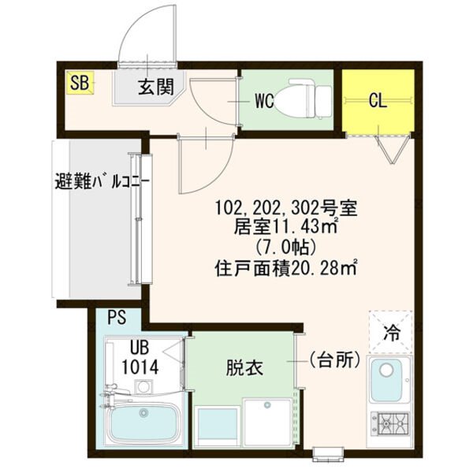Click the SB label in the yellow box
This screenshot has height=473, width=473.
click(80, 83)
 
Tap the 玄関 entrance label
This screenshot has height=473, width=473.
click(156, 87)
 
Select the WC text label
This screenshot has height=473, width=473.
click(264, 101)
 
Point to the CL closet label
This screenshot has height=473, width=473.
click(378, 102)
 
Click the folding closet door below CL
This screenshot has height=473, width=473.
click(392, 149)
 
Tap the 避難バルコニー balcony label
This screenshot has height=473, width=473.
click(102, 181)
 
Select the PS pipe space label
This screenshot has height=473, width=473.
click(117, 318)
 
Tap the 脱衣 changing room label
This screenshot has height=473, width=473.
click(244, 367)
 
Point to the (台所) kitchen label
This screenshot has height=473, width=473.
click(334, 359)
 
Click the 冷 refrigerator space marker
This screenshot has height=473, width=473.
click(391, 332)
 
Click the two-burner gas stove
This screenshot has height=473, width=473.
click(390, 425)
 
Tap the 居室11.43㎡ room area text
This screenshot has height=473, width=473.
click(285, 227)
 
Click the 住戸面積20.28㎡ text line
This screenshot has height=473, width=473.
click(285, 269)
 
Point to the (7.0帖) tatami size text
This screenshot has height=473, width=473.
click(285, 248)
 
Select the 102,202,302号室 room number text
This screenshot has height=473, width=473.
click(285, 208)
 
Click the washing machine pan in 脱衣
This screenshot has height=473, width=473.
click(268, 422)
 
